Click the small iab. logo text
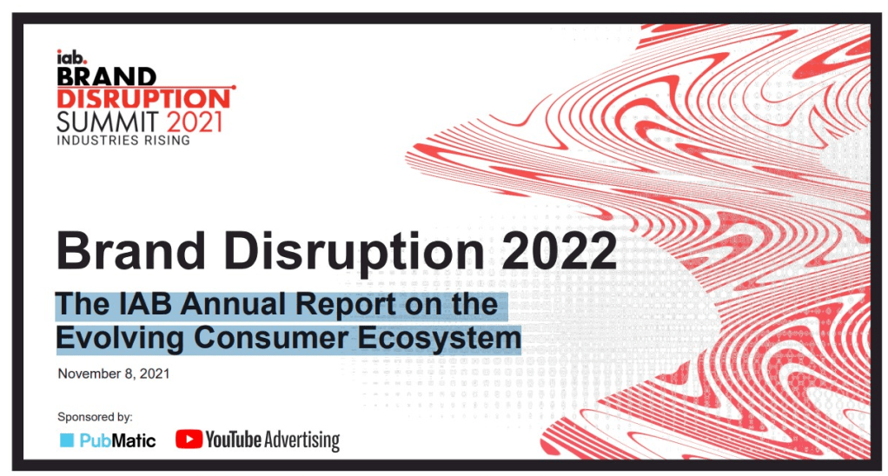tap(69, 58)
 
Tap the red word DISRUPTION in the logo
tap(142, 97)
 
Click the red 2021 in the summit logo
tap(195, 120)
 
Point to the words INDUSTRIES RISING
tap(123, 140)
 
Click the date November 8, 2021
tap(113, 374)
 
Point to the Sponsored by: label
tap(95, 417)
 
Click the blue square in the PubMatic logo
tap(67, 440)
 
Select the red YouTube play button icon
tap(189, 440)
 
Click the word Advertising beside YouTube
tap(302, 440)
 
